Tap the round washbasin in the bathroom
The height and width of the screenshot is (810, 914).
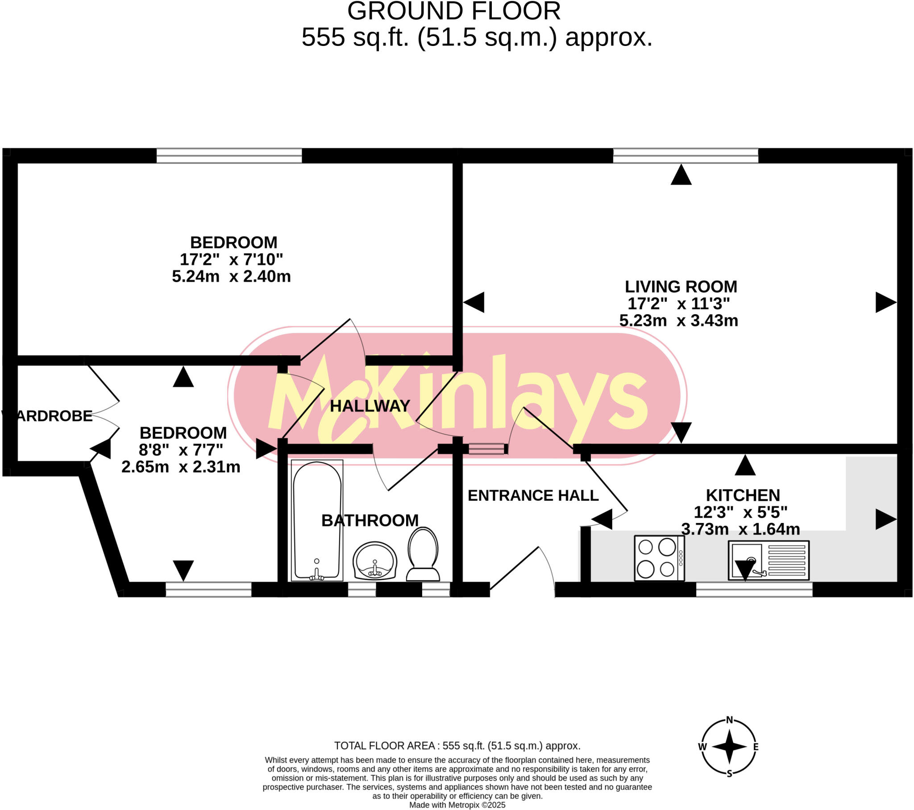pos(375,561)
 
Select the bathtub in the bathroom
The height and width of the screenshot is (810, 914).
pos(317,520)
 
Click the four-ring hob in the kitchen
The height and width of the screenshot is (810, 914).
pos(659,558)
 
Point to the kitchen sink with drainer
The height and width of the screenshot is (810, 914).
pos(768,561)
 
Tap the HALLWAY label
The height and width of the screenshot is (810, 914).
pos(370,406)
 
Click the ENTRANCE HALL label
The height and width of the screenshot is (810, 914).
pos(533,495)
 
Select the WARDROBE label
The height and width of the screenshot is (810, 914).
pos(48,416)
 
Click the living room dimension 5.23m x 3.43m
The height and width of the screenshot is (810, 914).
pos(678,321)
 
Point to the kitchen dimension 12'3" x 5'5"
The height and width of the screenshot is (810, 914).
pos(740,512)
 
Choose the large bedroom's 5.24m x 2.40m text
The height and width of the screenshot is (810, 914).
pos(231,276)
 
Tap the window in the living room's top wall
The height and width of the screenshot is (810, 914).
pos(685,156)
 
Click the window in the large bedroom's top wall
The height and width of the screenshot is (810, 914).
pos(229,156)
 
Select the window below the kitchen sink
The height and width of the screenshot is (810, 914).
pos(754,590)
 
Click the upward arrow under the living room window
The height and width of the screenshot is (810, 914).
pos(681,175)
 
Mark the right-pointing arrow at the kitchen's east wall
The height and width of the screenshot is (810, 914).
pos(885,519)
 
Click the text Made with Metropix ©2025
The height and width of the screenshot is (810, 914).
pos(457,805)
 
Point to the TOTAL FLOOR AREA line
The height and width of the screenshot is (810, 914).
pos(457,746)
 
